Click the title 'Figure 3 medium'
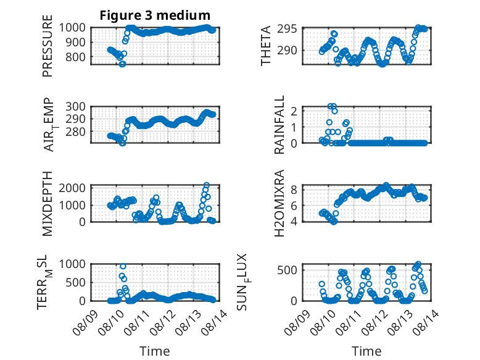(x=155, y=15)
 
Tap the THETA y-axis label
(x=266, y=46)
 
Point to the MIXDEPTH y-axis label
(x=48, y=203)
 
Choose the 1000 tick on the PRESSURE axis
(x=76, y=27)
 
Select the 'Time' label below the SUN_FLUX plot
(x=366, y=351)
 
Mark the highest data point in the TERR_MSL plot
(x=123, y=266)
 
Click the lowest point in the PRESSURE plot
(x=122, y=64)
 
